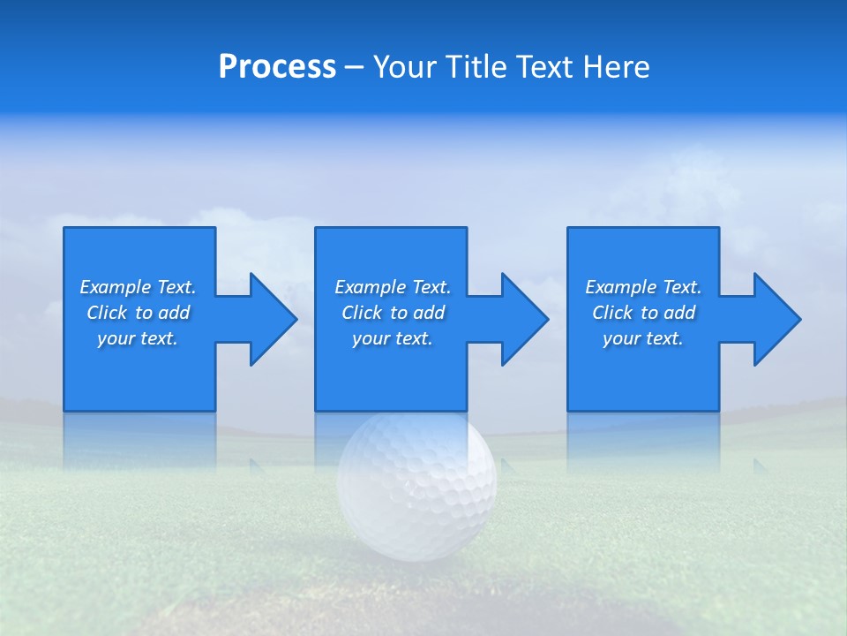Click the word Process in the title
pos(277,67)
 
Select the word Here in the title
pos(617,67)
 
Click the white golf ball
pos(417,485)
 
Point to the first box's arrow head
pos(270,319)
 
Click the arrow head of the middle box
pos(522,319)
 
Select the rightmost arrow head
pos(775,319)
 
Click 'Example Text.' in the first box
pos(138,287)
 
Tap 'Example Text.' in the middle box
pos(393,287)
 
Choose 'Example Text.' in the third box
pos(643,287)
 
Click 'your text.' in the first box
pos(138,338)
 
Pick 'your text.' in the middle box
pos(393,338)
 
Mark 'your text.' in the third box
pos(643,338)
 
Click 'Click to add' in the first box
pos(138,313)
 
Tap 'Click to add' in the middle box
pos(393,313)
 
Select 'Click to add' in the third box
pos(643,313)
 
